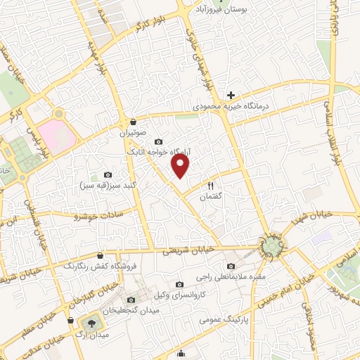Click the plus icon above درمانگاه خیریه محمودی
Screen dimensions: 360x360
click(231, 95)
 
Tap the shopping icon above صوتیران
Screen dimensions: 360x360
click(133, 121)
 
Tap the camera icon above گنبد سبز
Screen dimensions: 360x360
click(108, 174)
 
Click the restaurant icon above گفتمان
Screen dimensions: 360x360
click(210, 186)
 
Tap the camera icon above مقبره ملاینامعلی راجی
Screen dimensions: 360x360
click(231, 266)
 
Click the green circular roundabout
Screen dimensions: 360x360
click(271, 245)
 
